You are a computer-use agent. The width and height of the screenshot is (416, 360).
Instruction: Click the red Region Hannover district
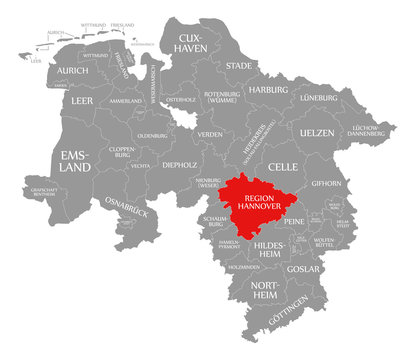[x=263, y=204]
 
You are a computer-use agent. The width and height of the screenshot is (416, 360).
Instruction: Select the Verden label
[x=210, y=133]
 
